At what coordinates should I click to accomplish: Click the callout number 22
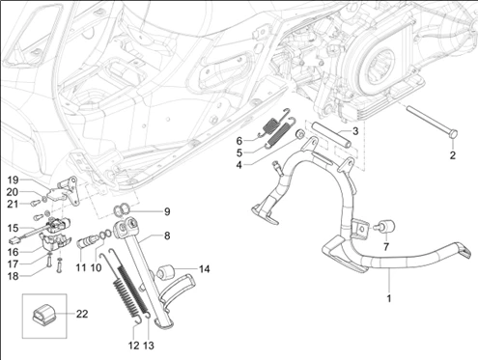tap(82, 314)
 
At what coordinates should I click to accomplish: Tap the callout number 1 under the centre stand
tap(389, 298)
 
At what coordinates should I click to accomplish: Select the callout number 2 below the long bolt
tap(453, 155)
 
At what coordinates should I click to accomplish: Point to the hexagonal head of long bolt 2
tap(453, 134)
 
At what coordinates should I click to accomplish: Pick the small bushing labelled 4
tap(300, 134)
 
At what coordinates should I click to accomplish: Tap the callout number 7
tap(386, 247)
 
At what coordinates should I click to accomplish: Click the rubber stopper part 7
tap(386, 227)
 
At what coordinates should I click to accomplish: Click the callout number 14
tap(204, 269)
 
